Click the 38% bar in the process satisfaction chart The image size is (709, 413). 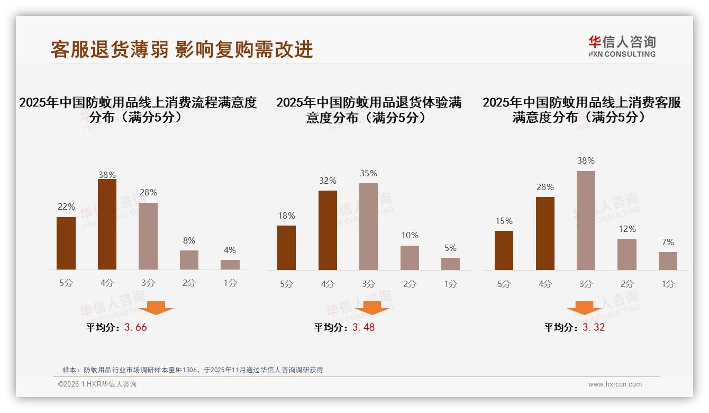pyautogui.click(x=107, y=225)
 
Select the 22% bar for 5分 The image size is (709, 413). pyautogui.click(x=66, y=244)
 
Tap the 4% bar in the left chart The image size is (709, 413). pyautogui.click(x=230, y=265)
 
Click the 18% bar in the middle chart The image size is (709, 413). pyautogui.click(x=286, y=248)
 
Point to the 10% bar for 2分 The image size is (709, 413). pyautogui.click(x=410, y=258)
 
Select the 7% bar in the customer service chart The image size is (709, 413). pyautogui.click(x=668, y=261)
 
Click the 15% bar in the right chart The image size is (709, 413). pyautogui.click(x=504, y=250)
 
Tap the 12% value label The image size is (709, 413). pyautogui.click(x=627, y=229)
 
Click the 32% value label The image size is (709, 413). pyautogui.click(x=328, y=181)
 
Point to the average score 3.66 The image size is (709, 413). pyautogui.click(x=135, y=327)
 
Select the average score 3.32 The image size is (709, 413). pyautogui.click(x=593, y=327)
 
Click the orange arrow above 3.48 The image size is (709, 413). pyautogui.click(x=372, y=308)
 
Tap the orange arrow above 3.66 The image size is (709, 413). pyautogui.click(x=156, y=308)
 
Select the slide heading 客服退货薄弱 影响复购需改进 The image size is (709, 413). pyautogui.click(x=181, y=49)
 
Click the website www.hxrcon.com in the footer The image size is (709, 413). pyautogui.click(x=615, y=384)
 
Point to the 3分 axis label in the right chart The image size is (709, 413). pyautogui.click(x=586, y=284)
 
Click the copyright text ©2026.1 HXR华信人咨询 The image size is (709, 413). pyautogui.click(x=97, y=384)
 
